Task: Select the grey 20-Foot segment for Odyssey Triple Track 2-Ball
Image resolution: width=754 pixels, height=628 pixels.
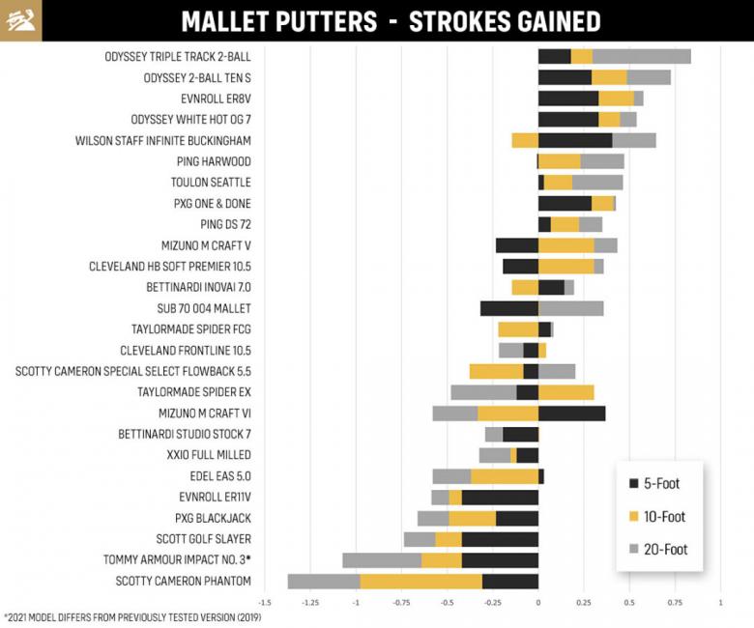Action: [x=641, y=56]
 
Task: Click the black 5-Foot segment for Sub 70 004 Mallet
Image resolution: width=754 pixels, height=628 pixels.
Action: [x=508, y=308]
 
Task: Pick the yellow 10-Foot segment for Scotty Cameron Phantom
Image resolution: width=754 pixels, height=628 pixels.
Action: [x=420, y=581]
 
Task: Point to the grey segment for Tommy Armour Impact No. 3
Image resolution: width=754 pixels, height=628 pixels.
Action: [x=381, y=560]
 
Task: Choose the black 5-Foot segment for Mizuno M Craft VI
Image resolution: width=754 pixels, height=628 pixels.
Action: [x=571, y=414]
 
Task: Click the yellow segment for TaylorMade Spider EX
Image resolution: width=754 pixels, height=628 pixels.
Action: [x=565, y=392]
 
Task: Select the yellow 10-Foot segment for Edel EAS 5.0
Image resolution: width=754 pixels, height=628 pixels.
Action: [x=504, y=476]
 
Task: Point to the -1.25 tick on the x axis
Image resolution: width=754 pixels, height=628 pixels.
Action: [x=310, y=602]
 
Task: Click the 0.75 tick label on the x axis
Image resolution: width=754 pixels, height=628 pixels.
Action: [x=675, y=602]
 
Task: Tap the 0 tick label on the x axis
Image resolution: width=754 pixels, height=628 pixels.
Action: [x=537, y=602]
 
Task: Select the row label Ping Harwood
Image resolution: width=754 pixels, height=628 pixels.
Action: [x=214, y=161]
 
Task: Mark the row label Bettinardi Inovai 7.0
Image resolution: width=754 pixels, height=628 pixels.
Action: [x=198, y=287]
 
